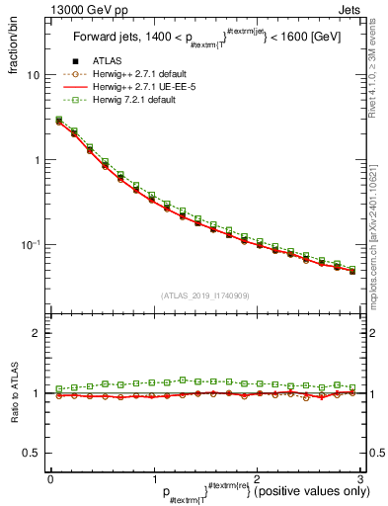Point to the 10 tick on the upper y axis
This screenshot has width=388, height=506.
tap(33, 75)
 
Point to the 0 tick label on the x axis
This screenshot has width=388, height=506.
tap(50, 477)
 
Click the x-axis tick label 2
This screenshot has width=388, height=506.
tap(256, 477)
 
